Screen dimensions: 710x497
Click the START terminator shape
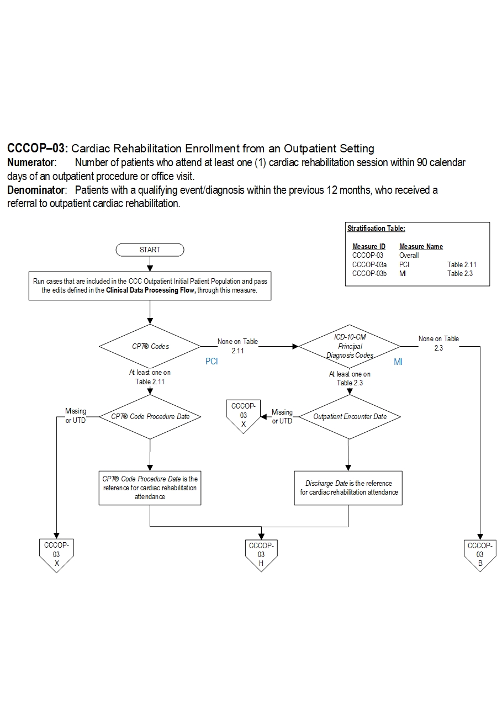pos(150,250)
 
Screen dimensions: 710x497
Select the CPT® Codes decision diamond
pos(150,347)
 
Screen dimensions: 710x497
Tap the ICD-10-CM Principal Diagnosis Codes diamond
pos(350,347)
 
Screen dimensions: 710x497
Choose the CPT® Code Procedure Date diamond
pos(150,417)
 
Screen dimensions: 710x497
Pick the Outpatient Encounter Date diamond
pos(350,417)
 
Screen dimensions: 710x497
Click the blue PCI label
pos(212,362)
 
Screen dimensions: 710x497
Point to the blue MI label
pos(398,362)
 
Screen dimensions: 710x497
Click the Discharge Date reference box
pos(348,488)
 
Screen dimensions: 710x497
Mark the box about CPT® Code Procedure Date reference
pos(150,488)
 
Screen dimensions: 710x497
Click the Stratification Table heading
pos(376,229)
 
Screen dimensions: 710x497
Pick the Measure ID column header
pos(368,247)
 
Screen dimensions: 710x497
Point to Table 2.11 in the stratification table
pos(461,264)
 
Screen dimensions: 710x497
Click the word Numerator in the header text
pos(31,163)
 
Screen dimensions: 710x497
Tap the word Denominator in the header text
pos(36,190)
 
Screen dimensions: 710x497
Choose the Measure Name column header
pos(421,247)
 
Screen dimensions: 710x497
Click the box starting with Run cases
pos(150,286)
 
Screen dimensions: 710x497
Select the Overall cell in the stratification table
pos(409,256)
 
